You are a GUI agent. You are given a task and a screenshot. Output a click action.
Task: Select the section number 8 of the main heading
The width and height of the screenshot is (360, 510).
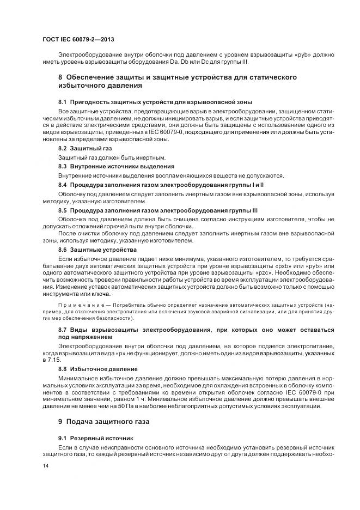pos(61,77)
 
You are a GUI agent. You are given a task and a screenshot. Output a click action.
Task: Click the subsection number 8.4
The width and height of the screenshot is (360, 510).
pos(63,185)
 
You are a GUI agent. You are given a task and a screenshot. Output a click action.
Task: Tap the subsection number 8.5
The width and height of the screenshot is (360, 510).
pos(63,210)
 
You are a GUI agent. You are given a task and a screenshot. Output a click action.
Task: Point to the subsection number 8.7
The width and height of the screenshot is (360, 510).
pos(63,330)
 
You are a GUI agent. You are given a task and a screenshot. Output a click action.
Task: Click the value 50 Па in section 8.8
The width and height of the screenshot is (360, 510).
pos(132,405)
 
